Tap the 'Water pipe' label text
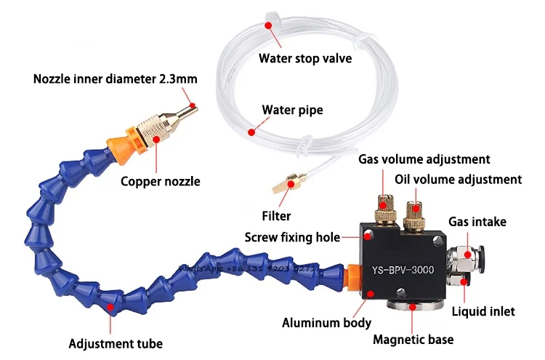[292, 111]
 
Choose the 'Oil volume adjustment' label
[458, 179]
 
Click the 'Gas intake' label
[477, 221]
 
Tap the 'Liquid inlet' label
[482, 311]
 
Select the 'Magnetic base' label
[412, 338]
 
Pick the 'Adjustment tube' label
[116, 343]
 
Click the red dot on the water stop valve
[269, 25]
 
